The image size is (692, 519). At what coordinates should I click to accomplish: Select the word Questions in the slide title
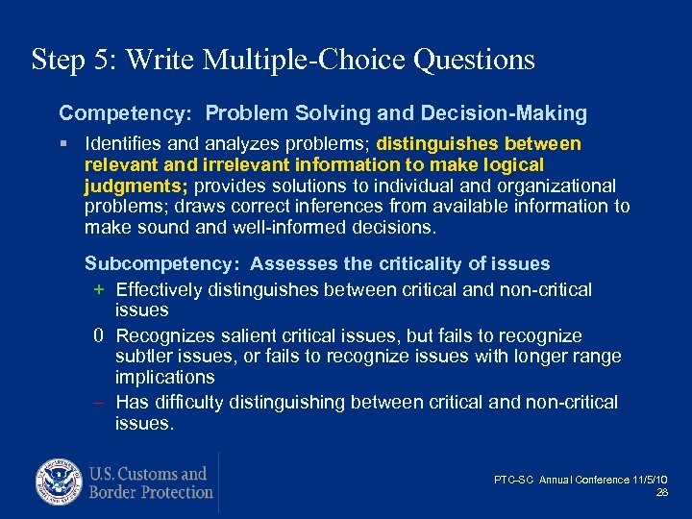[474, 61]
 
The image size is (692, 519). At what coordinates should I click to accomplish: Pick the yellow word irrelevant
[224, 164]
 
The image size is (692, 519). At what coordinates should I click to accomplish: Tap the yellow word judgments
[129, 185]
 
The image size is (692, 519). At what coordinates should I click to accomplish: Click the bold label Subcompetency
[157, 263]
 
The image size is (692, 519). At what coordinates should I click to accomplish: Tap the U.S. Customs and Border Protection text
[150, 482]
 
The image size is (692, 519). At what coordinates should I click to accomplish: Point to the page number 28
[661, 492]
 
